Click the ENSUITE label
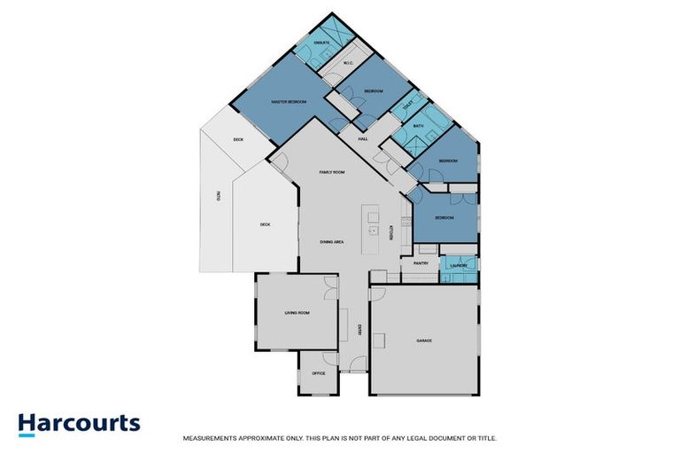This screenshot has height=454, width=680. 321,43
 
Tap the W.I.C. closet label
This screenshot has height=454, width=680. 348,63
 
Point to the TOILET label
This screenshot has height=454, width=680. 407,107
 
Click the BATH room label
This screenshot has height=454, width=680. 418,127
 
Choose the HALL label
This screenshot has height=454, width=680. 363,139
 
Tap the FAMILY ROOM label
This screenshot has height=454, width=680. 332,172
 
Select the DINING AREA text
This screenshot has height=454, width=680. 332,241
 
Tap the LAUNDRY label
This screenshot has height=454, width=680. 458,265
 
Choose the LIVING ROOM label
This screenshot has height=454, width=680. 296,313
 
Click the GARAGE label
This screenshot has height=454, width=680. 424,340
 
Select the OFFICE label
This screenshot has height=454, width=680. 319,372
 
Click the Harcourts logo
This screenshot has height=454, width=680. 79,422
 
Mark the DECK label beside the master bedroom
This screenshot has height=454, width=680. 238,139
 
